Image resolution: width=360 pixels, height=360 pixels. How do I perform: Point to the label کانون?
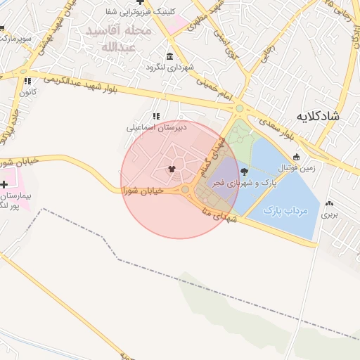click(x=27, y=92)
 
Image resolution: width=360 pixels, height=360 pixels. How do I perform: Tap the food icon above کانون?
click(x=27, y=82)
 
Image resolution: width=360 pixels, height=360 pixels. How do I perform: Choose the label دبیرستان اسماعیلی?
click(x=148, y=128)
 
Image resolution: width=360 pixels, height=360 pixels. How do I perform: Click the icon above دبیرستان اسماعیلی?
click(x=155, y=116)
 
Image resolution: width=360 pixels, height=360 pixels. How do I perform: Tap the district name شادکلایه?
click(x=317, y=116)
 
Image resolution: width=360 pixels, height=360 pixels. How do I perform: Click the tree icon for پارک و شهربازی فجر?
click(x=244, y=171)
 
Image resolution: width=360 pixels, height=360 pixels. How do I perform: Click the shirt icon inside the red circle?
click(x=172, y=169)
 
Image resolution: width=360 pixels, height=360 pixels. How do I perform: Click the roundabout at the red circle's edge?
click(x=186, y=190)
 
